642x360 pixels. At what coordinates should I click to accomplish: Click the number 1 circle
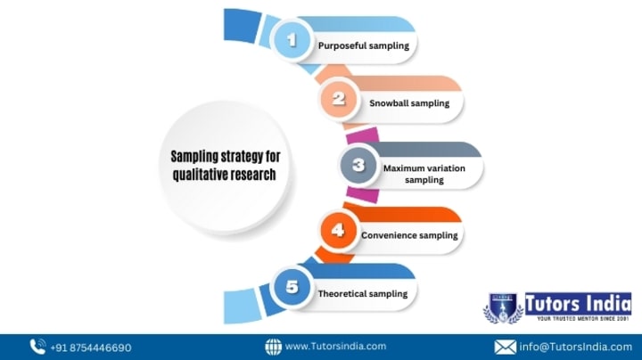click(292, 40)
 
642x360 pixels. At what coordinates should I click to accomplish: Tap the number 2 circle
click(339, 99)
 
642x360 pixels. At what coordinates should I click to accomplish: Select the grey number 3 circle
click(358, 165)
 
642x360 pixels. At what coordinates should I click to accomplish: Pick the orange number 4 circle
click(338, 230)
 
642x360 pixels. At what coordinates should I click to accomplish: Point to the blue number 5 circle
click(292, 286)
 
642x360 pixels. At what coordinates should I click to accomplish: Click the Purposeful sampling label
click(364, 45)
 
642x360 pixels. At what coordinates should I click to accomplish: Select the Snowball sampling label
click(409, 103)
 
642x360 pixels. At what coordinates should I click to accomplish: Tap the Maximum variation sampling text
click(424, 174)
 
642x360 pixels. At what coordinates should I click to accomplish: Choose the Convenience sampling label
click(409, 235)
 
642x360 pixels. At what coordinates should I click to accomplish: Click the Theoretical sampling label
click(363, 294)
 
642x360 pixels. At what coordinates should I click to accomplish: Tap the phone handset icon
click(37, 347)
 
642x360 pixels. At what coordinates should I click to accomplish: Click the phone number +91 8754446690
click(91, 348)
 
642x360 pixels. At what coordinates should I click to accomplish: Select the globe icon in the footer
click(273, 347)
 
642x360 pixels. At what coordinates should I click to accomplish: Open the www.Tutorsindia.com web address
click(336, 347)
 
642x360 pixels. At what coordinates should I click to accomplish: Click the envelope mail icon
click(505, 348)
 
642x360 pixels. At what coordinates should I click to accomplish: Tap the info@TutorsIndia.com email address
click(576, 348)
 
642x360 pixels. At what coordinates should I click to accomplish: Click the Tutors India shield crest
click(503, 308)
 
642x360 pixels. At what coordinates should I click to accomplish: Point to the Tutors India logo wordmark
click(578, 307)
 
